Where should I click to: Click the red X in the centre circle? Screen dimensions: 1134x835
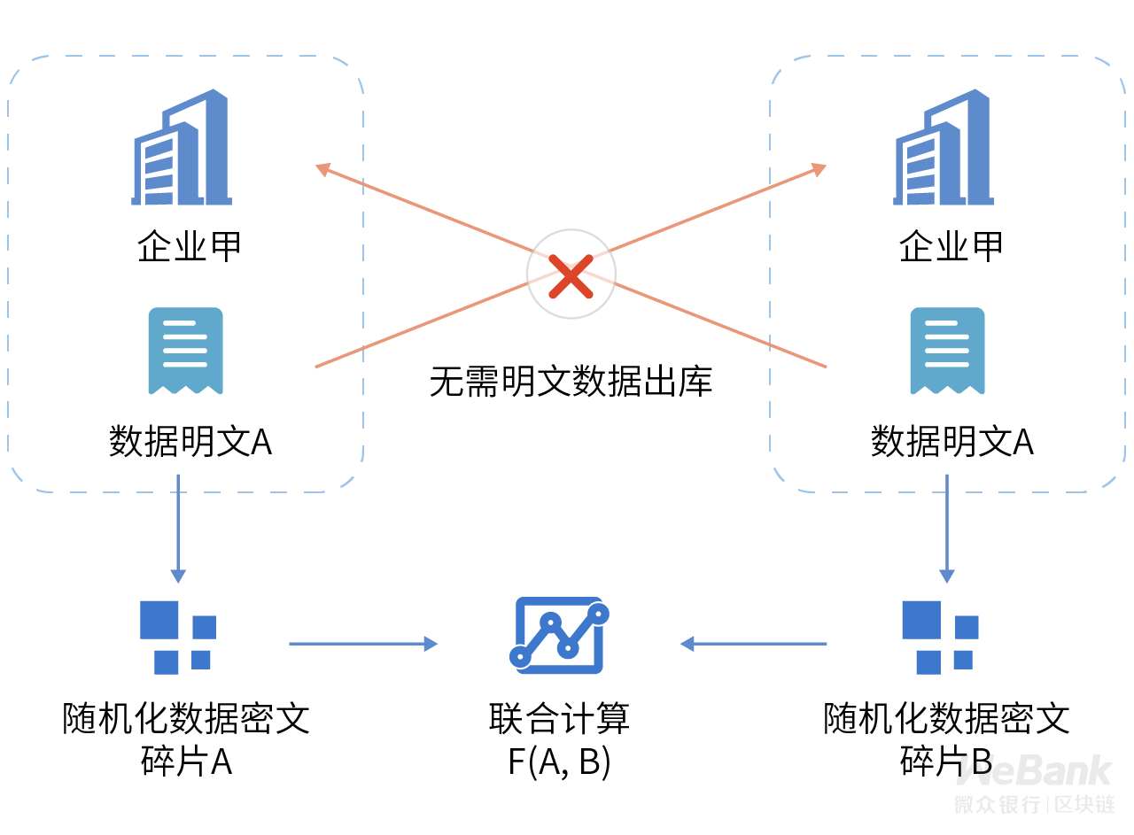[571, 276]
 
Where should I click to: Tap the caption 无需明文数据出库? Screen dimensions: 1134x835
[571, 381]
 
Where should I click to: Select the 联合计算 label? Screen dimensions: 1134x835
[559, 719]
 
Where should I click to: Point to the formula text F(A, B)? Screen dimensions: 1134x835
[559, 762]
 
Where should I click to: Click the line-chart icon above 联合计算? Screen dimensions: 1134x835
[559, 635]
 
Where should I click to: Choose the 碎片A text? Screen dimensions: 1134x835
[186, 762]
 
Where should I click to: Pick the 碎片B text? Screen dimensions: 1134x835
[945, 762]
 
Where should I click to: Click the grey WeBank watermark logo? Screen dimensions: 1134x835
[1034, 770]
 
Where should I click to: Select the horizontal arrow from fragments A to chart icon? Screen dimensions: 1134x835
[363, 645]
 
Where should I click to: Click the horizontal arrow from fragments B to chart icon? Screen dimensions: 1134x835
[753, 645]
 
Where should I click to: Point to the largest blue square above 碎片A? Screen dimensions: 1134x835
[159, 620]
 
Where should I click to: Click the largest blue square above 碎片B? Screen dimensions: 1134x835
[921, 620]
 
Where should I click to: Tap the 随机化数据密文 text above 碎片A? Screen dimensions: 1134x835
[186, 719]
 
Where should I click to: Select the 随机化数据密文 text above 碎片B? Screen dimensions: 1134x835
[946, 719]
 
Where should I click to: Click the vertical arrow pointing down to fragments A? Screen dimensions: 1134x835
[178, 529]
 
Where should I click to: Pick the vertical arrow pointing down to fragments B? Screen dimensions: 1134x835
[947, 529]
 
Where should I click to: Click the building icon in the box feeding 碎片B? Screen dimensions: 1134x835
[944, 147]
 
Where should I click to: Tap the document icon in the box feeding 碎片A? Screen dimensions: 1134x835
[186, 351]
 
